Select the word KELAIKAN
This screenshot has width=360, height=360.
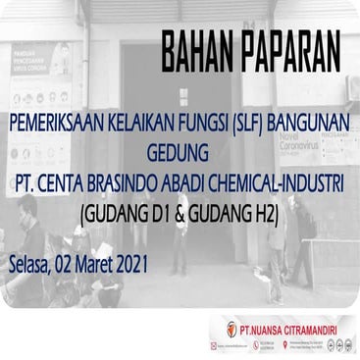tap(141, 126)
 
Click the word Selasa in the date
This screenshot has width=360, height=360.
tap(29, 264)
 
